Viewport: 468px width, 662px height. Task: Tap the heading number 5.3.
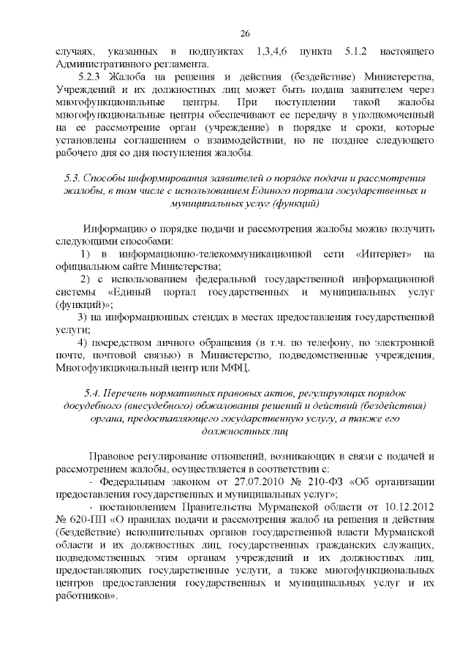coord(72,179)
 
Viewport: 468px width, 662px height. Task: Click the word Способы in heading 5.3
coord(107,179)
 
